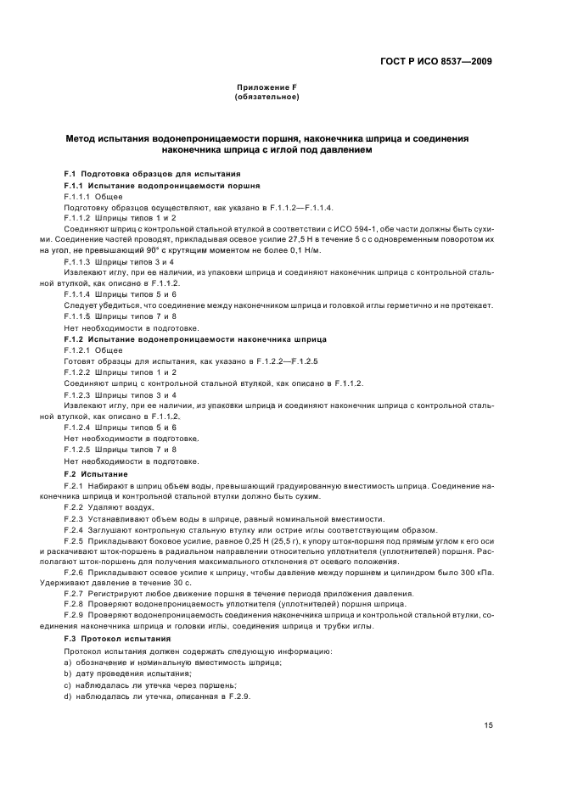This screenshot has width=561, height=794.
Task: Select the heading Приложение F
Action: pos(265,88)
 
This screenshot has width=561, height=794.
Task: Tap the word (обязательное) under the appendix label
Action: pos(266,97)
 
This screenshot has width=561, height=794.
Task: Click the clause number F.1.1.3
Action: pos(78,263)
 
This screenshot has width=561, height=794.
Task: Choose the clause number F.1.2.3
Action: pos(78,394)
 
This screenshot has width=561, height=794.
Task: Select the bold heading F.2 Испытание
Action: pos(96,472)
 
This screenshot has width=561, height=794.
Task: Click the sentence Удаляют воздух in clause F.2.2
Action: pos(121,506)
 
